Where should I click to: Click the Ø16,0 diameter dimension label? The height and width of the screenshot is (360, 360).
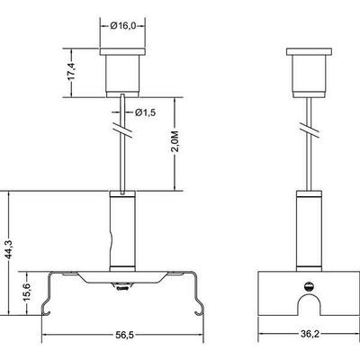click(123, 26)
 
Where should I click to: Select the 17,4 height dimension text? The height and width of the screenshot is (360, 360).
click(72, 72)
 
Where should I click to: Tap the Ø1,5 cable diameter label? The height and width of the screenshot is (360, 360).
click(145, 112)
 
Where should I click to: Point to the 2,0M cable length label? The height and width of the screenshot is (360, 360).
click(175, 141)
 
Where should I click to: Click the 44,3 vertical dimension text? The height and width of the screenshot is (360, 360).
click(10, 249)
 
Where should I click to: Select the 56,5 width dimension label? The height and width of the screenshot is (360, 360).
click(124, 335)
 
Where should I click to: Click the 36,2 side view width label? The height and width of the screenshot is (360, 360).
click(310, 334)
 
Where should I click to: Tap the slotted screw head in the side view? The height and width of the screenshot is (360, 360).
click(309, 287)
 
